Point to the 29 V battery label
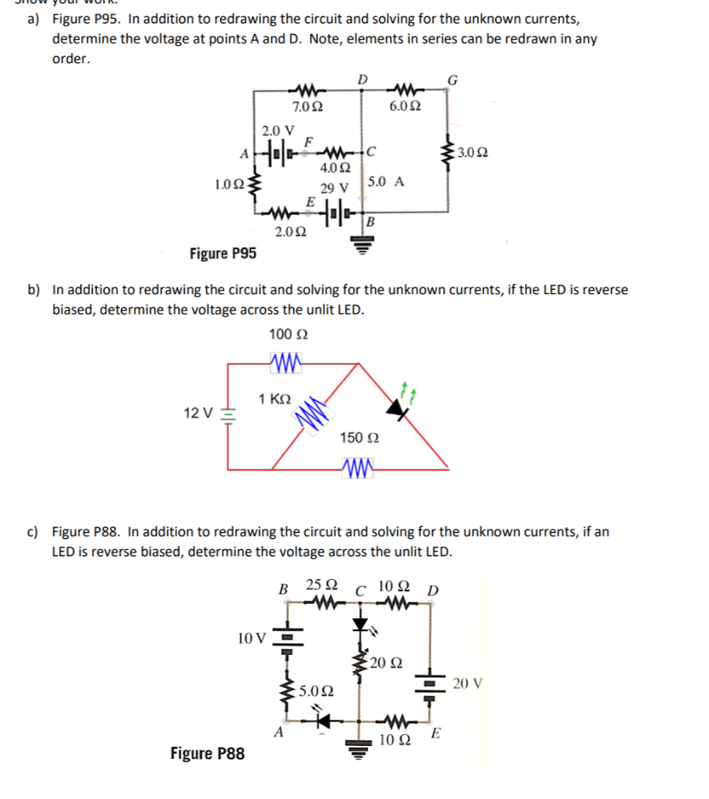point(333,188)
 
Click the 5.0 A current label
point(385,181)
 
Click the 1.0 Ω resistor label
point(229,185)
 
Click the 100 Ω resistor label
point(288,335)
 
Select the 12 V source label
point(197,412)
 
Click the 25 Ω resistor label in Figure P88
point(321,584)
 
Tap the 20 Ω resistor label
point(386,664)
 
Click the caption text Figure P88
point(207,753)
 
